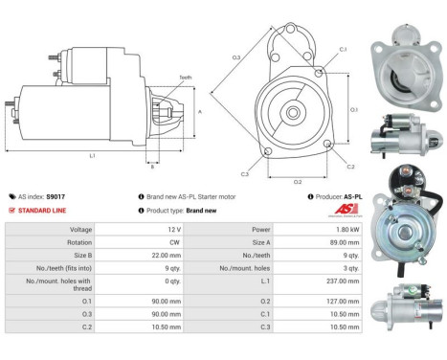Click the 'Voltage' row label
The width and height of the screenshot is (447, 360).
point(80,230)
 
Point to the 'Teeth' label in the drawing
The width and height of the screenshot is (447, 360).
point(185,78)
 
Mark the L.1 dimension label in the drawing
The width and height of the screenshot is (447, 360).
point(93,154)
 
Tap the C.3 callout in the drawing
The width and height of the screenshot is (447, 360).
point(245,174)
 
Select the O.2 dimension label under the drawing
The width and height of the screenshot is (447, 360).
point(298,180)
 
